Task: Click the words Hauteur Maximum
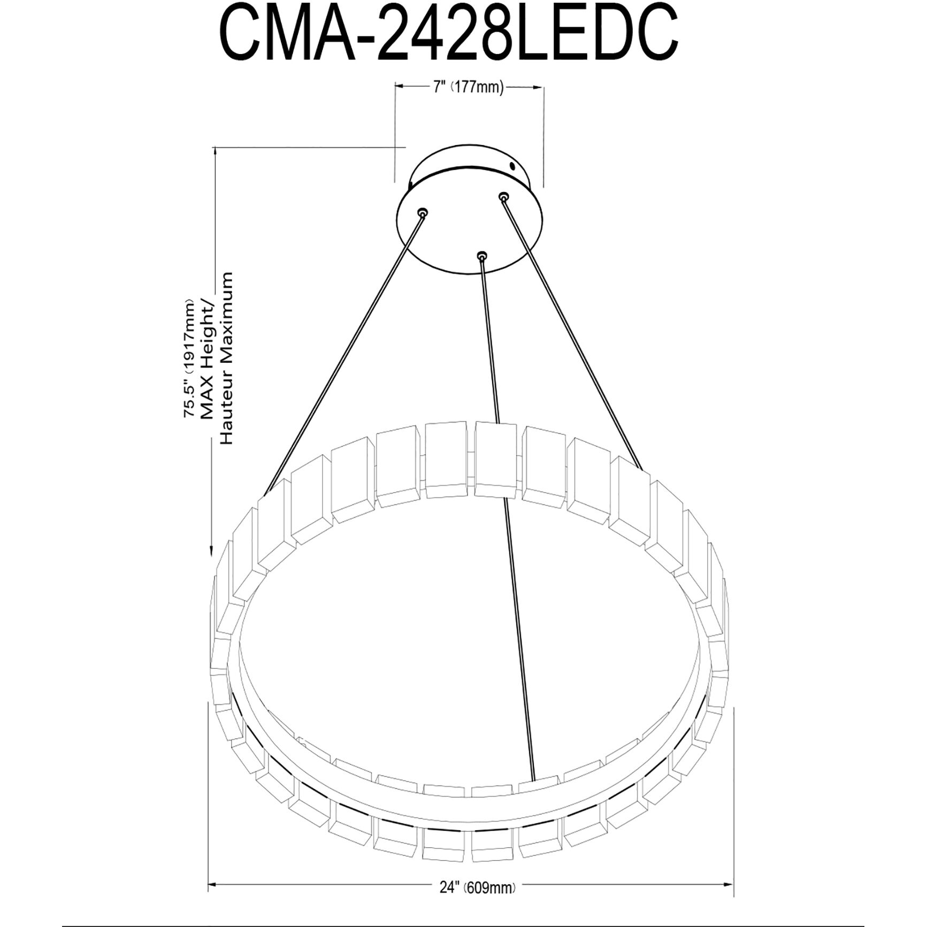pyautogui.click(x=226, y=357)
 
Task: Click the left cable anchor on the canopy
pyautogui.click(x=423, y=213)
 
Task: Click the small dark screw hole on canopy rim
pyautogui.click(x=513, y=166)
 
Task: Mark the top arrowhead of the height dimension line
pyautogui.click(x=215, y=151)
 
